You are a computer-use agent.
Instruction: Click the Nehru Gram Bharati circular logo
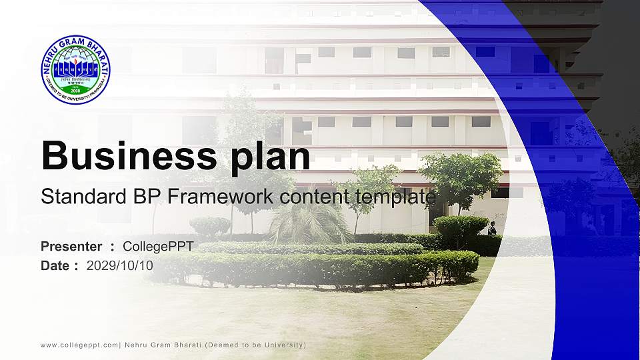pos(75,69)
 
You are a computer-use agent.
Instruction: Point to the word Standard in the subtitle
pos(73,197)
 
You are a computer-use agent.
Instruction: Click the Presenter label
pos(71,247)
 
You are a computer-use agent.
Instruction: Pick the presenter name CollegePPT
pos(158,247)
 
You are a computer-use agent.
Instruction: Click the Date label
pos(55,265)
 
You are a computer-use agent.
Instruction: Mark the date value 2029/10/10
pos(120,265)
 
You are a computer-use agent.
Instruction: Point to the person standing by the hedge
pos(492,228)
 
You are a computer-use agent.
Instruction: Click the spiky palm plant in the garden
pos(310,223)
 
